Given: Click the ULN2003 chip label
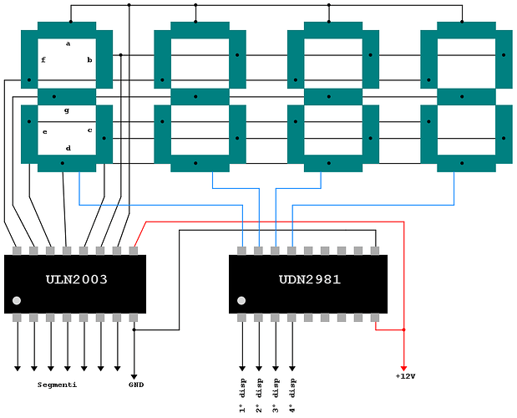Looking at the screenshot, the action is [x=77, y=279].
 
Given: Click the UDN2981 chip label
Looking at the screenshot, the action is [x=310, y=279].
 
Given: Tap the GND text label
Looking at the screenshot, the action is [x=136, y=385].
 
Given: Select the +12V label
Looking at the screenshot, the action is [x=405, y=376].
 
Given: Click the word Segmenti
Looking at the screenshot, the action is [x=57, y=385].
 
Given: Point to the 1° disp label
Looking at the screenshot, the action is [x=242, y=395].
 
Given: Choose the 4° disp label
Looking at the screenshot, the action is [x=292, y=395].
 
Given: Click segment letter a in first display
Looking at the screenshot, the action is [x=68, y=43].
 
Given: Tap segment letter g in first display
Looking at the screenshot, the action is [x=67, y=110].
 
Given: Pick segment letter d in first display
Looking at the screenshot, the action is [x=68, y=148].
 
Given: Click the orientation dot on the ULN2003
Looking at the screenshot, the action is [x=17, y=301].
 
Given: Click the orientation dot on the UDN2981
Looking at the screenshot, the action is [x=241, y=301].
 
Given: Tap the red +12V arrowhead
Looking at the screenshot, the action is [x=403, y=368].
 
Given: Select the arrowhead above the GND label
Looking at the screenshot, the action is [x=134, y=376].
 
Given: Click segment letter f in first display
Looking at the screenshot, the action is [x=43, y=59].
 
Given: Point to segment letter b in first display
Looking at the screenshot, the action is [x=89, y=59].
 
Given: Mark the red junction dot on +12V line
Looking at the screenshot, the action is [x=404, y=329].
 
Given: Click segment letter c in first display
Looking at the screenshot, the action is [x=89, y=130].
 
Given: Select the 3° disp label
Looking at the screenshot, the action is [x=276, y=395].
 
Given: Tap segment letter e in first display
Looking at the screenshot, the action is [x=45, y=132].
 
